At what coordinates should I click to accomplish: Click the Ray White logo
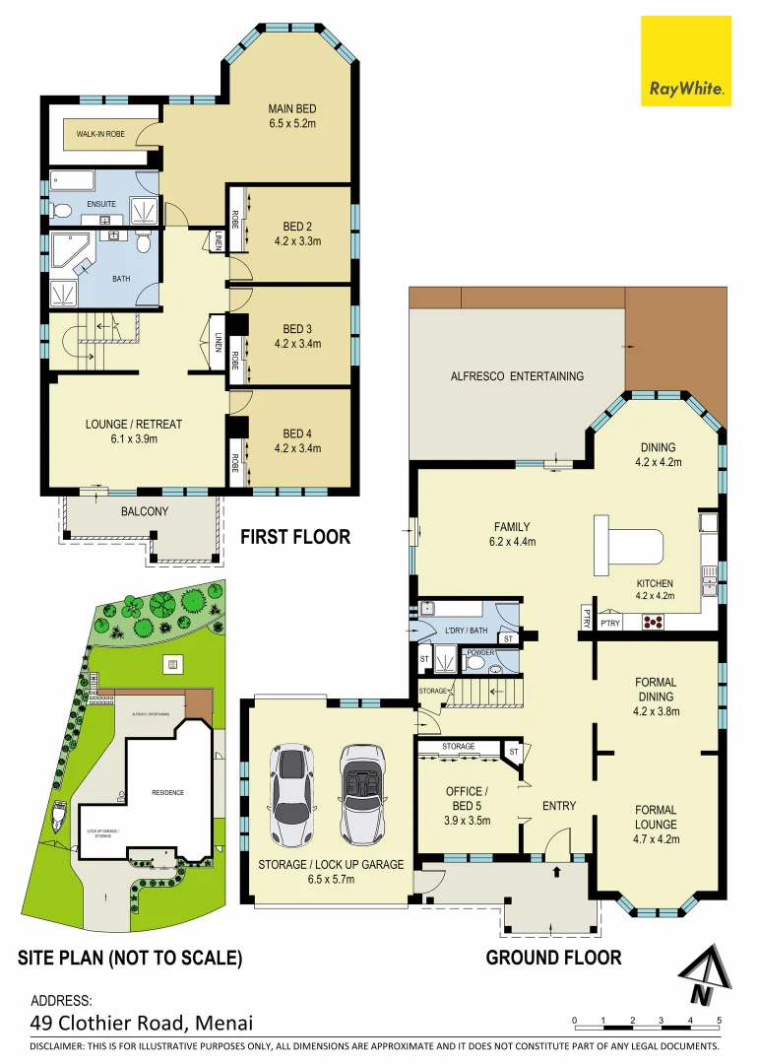686,61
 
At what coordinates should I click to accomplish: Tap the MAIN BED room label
291,108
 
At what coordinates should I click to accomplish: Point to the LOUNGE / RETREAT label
134,425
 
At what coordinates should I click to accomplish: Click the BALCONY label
145,511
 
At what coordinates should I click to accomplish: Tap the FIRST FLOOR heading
295,537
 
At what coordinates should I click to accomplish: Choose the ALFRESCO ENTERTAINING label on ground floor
517,375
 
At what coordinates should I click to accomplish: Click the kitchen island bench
629,545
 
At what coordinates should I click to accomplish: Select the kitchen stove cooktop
654,621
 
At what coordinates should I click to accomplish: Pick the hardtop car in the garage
292,796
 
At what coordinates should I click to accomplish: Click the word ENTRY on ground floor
559,806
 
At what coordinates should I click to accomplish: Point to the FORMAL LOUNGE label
655,817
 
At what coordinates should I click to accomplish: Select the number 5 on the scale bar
720,1020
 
